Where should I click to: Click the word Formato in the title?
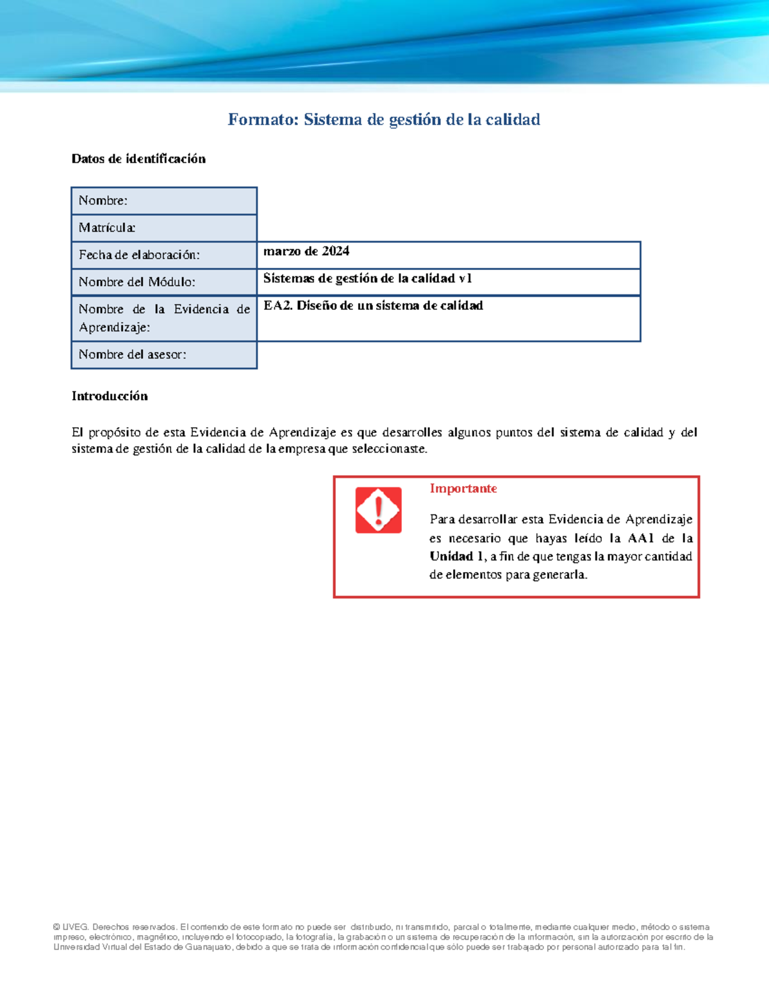[263, 120]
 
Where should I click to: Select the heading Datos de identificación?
[138, 159]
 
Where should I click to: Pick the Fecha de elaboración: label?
[139, 255]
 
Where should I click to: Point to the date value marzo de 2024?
[306, 251]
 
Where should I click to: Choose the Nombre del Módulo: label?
[136, 282]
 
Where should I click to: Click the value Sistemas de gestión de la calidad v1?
[367, 278]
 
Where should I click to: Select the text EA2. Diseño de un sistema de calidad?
[373, 306]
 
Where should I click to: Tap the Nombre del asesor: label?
[132, 355]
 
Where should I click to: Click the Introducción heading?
[110, 396]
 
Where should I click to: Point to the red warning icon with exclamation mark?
[378, 511]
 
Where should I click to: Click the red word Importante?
[463, 489]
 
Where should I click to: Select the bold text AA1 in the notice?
[640, 538]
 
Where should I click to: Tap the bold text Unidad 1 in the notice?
[456, 557]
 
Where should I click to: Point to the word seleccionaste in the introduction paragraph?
[388, 449]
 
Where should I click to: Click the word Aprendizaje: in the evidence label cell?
[114, 328]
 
